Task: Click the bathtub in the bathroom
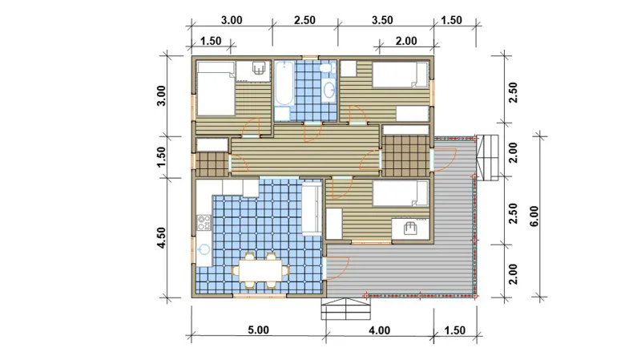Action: coord(284,83)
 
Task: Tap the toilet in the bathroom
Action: coord(327,68)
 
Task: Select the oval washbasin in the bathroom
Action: coord(329,90)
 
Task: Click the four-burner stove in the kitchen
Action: coord(204,223)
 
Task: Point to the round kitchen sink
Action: coord(204,249)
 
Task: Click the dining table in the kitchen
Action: coord(260,270)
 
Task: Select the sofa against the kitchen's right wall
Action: coord(312,208)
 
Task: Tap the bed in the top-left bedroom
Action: coord(216,88)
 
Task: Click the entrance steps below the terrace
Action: coord(346,309)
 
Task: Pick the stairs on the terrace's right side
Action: coord(488,157)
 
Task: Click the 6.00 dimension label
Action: coord(534,216)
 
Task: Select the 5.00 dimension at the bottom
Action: coord(258,330)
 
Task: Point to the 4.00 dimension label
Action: coord(379,330)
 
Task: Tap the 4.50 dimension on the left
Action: coord(162,237)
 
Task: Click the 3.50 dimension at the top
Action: coord(382,20)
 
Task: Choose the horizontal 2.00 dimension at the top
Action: coord(406,41)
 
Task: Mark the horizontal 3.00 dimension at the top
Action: coord(232,20)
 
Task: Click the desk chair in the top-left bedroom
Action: coord(258,68)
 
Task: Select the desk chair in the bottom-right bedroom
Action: coord(410,228)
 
